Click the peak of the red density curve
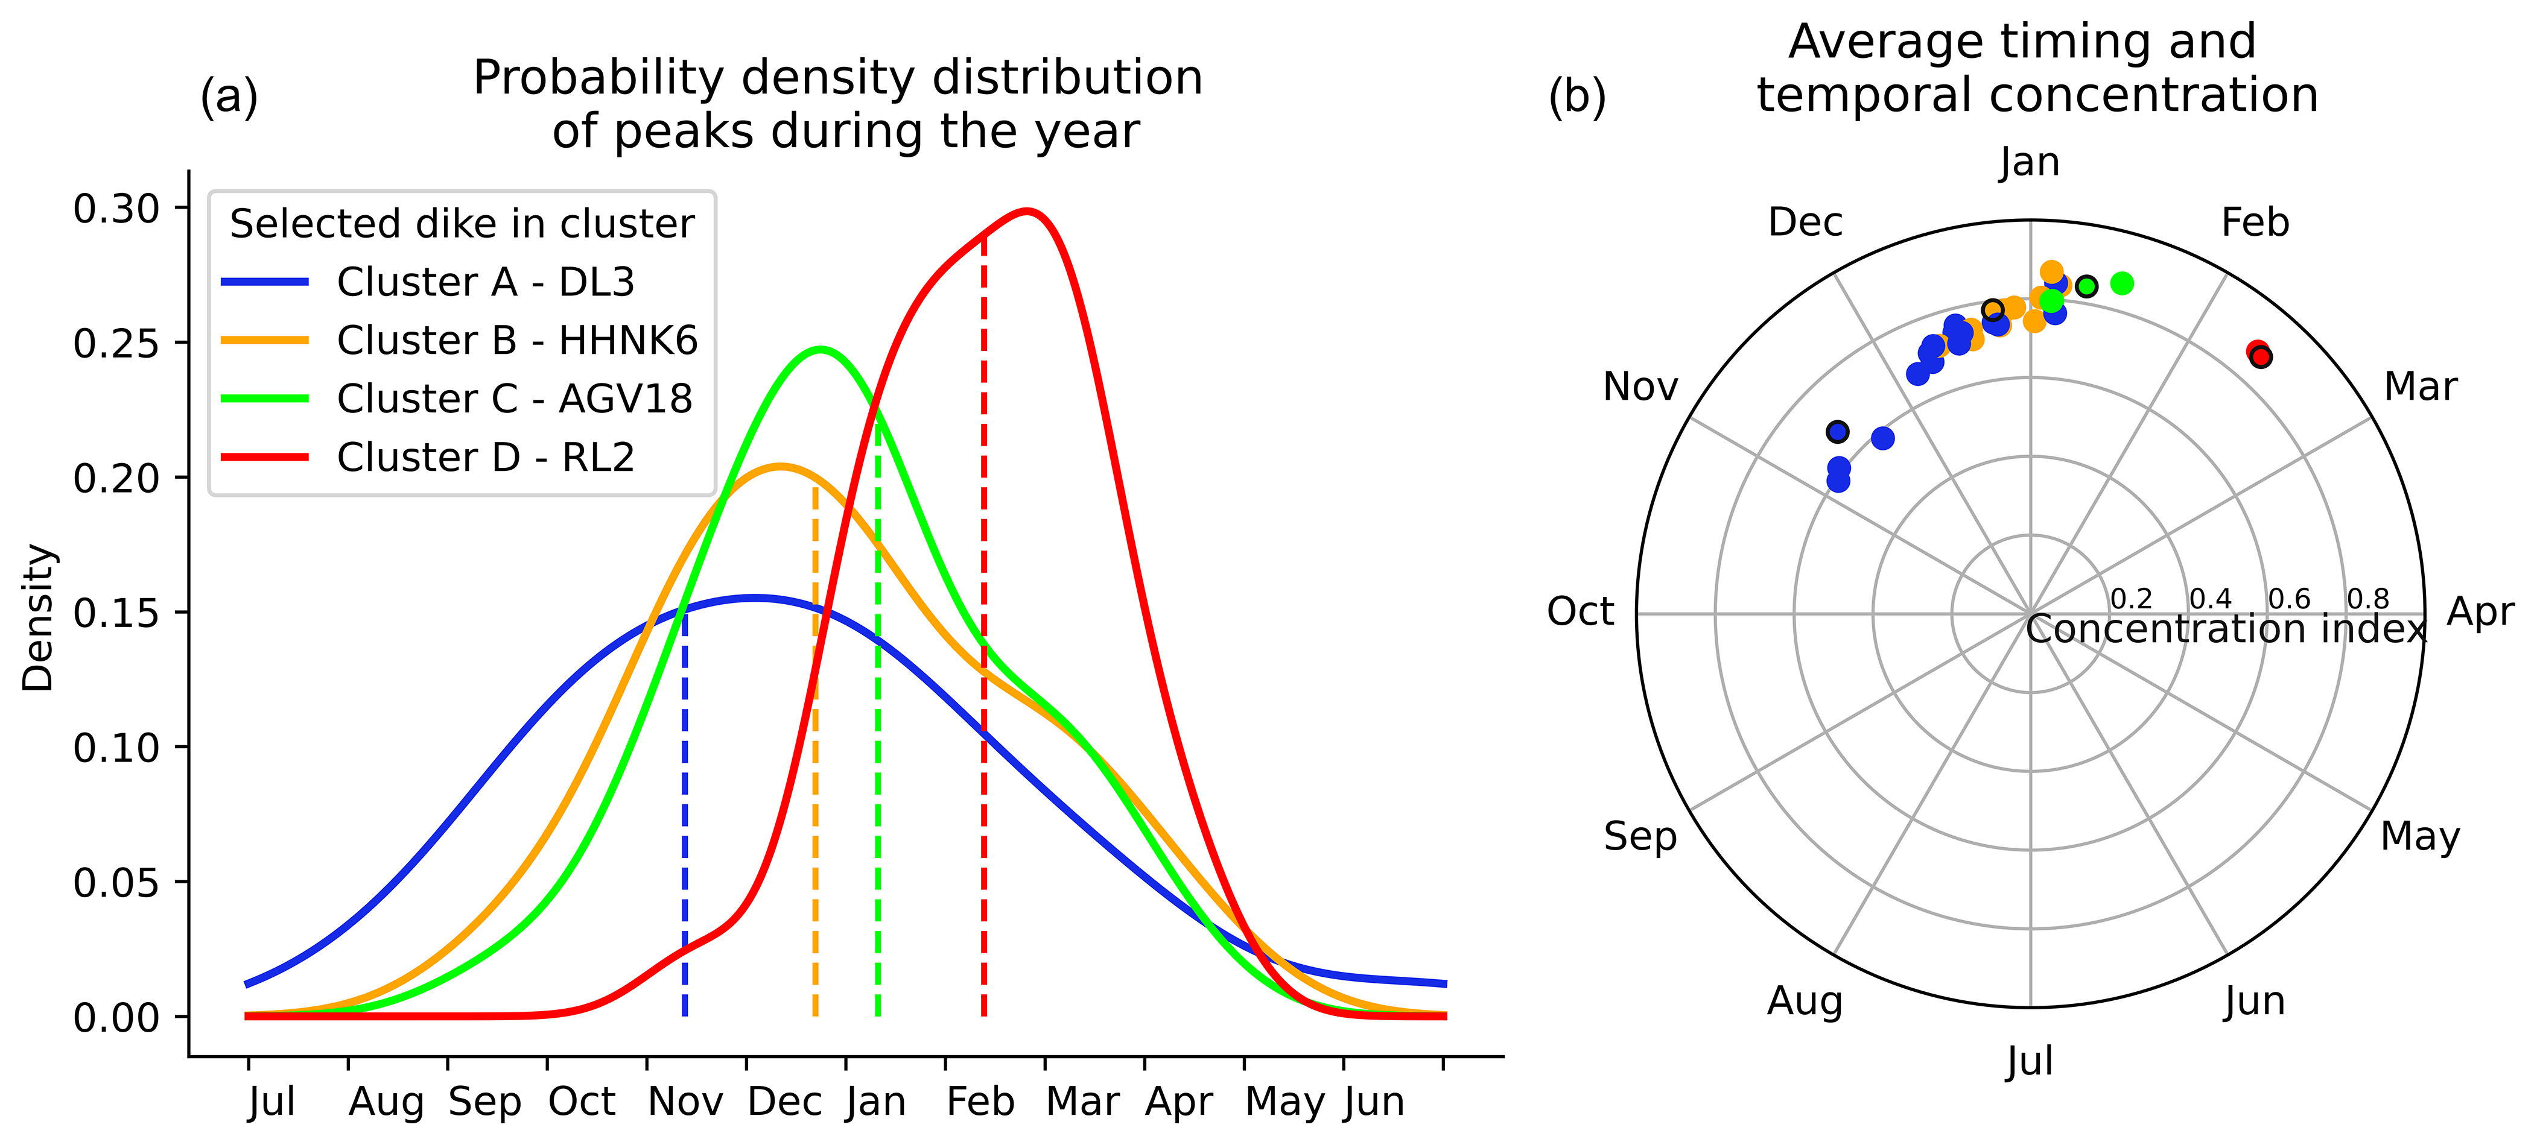(x=1027, y=210)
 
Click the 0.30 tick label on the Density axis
(x=116, y=209)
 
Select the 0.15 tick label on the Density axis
(x=116, y=613)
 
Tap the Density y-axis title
(x=39, y=617)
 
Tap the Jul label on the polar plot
(x=2029, y=1061)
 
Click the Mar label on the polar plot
(x=2420, y=387)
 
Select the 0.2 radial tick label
(x=2131, y=599)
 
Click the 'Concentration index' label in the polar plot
(x=2226, y=629)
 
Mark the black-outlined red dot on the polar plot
(x=2261, y=356)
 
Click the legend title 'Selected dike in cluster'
(x=462, y=224)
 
